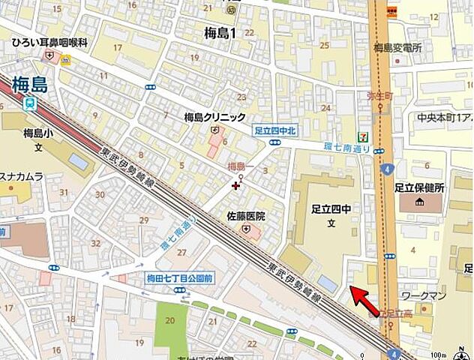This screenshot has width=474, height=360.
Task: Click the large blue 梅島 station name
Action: (30, 84)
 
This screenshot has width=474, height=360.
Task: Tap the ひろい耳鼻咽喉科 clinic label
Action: (49, 43)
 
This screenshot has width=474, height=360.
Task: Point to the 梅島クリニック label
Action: (215, 117)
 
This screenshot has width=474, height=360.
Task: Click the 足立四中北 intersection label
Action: (275, 130)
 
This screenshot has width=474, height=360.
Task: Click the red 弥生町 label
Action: (380, 96)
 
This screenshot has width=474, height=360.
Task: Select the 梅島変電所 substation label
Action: (397, 48)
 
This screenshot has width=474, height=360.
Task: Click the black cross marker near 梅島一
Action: (236, 184)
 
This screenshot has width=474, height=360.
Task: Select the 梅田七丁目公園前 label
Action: (180, 278)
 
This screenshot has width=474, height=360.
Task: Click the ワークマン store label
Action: (424, 295)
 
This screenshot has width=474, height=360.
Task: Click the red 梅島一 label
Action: (240, 166)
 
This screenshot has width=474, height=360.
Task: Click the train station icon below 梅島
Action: (30, 103)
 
